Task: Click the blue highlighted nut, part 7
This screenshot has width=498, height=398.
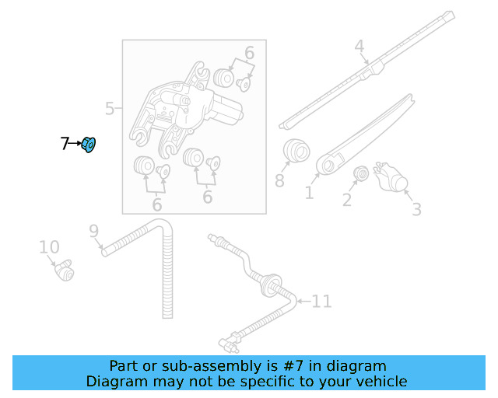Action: tap(89, 145)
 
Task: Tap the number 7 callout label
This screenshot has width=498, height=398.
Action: tap(65, 144)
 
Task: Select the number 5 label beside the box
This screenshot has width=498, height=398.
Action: tap(110, 109)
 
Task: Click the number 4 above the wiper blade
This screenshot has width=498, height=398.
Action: tap(359, 47)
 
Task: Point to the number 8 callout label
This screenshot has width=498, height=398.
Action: tap(279, 182)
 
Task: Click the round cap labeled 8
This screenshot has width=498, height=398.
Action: tap(294, 150)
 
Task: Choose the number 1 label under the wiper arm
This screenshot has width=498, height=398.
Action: tap(309, 191)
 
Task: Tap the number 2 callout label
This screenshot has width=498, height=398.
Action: tap(347, 201)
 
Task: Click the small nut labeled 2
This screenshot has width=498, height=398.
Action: tap(360, 173)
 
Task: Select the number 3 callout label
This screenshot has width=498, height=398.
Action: tap(416, 209)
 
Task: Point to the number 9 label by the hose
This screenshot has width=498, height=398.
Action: tap(93, 230)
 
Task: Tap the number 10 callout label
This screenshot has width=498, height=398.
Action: tap(49, 247)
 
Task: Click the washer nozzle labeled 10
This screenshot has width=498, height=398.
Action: tap(62, 270)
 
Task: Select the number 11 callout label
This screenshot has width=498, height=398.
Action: tap(321, 301)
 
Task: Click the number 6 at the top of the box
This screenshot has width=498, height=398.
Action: tap(249, 53)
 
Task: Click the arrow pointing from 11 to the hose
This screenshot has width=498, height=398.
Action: tap(302, 300)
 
